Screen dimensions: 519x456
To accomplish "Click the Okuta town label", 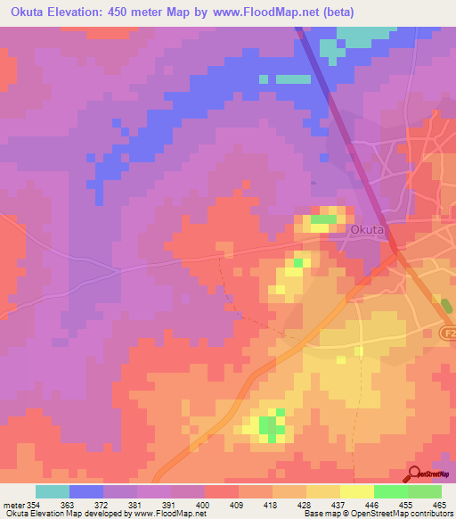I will (367, 229).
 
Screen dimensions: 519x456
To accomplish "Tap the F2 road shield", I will (448, 332).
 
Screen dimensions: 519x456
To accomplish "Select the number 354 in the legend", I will (34, 505).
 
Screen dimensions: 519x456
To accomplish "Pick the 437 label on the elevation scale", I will (338, 505).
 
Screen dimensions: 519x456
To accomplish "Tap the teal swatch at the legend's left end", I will (52, 491).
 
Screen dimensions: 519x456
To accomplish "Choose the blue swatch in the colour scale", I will (85, 491).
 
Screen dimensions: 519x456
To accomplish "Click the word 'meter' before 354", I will (12, 505).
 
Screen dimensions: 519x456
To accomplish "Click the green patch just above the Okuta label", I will (323, 219).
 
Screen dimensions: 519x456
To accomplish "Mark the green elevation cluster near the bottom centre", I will (268, 426).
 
